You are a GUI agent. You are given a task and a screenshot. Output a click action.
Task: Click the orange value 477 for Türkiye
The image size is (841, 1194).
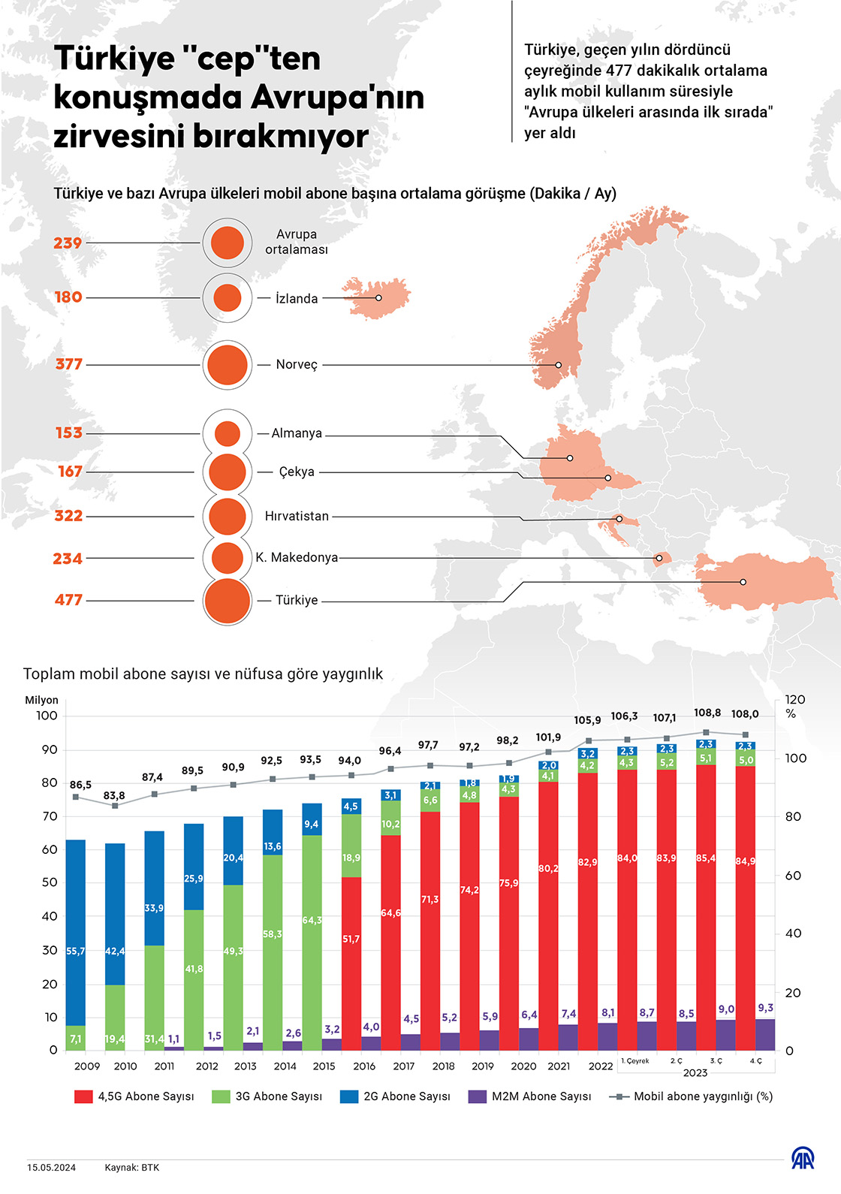[x=68, y=600]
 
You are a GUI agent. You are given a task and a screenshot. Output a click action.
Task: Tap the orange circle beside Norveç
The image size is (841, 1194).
[x=228, y=365]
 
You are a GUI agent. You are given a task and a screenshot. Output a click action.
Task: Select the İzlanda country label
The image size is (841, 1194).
[x=297, y=299]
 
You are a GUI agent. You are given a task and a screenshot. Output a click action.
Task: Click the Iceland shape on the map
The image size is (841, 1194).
[x=375, y=297]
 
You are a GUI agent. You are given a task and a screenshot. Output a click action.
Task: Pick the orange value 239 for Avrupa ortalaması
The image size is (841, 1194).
[x=68, y=243]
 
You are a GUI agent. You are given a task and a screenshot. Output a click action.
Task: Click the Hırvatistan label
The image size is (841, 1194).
[x=297, y=517]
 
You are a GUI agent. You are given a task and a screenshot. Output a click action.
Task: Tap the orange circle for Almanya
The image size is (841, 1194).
[x=227, y=433]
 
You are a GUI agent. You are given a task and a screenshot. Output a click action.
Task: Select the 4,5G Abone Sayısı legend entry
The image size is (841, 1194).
[x=134, y=1096]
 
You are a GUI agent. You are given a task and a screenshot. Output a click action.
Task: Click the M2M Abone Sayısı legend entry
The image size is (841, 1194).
[x=529, y=1096]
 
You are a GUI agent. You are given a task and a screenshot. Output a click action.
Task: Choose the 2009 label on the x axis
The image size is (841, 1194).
[x=87, y=1066]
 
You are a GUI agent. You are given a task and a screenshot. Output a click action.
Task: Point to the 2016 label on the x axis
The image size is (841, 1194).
[x=364, y=1066]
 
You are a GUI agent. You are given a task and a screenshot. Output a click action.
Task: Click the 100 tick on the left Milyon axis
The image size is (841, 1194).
[x=47, y=716]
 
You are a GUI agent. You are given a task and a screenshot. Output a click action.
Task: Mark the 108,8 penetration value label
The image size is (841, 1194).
[x=707, y=713]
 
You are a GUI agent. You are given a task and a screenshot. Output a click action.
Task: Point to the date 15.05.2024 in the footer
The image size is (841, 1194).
[x=51, y=1168]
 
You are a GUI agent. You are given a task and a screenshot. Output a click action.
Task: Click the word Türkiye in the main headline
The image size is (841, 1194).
[x=114, y=59]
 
